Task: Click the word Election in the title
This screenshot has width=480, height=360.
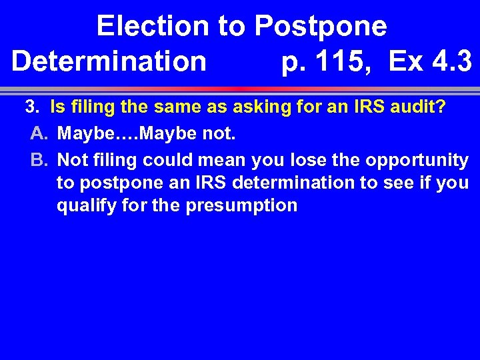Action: coord(152,27)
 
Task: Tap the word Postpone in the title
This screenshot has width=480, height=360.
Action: coord(321,27)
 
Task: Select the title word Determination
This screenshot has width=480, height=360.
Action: coord(109,62)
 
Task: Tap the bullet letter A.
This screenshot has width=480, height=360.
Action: coord(37,133)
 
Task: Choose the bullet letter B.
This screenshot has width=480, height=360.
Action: coord(37,160)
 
